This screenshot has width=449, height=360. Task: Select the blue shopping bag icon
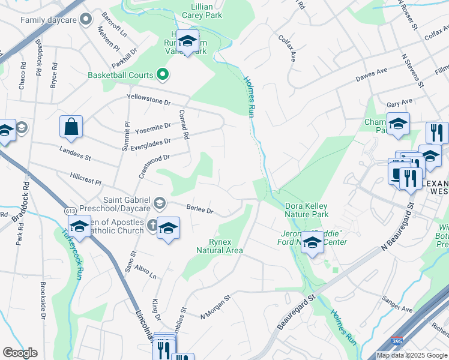[x=71, y=127]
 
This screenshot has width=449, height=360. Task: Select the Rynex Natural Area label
[x=219, y=245]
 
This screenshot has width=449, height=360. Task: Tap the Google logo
[x=20, y=353]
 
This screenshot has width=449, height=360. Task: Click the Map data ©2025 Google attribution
[x=412, y=355]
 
